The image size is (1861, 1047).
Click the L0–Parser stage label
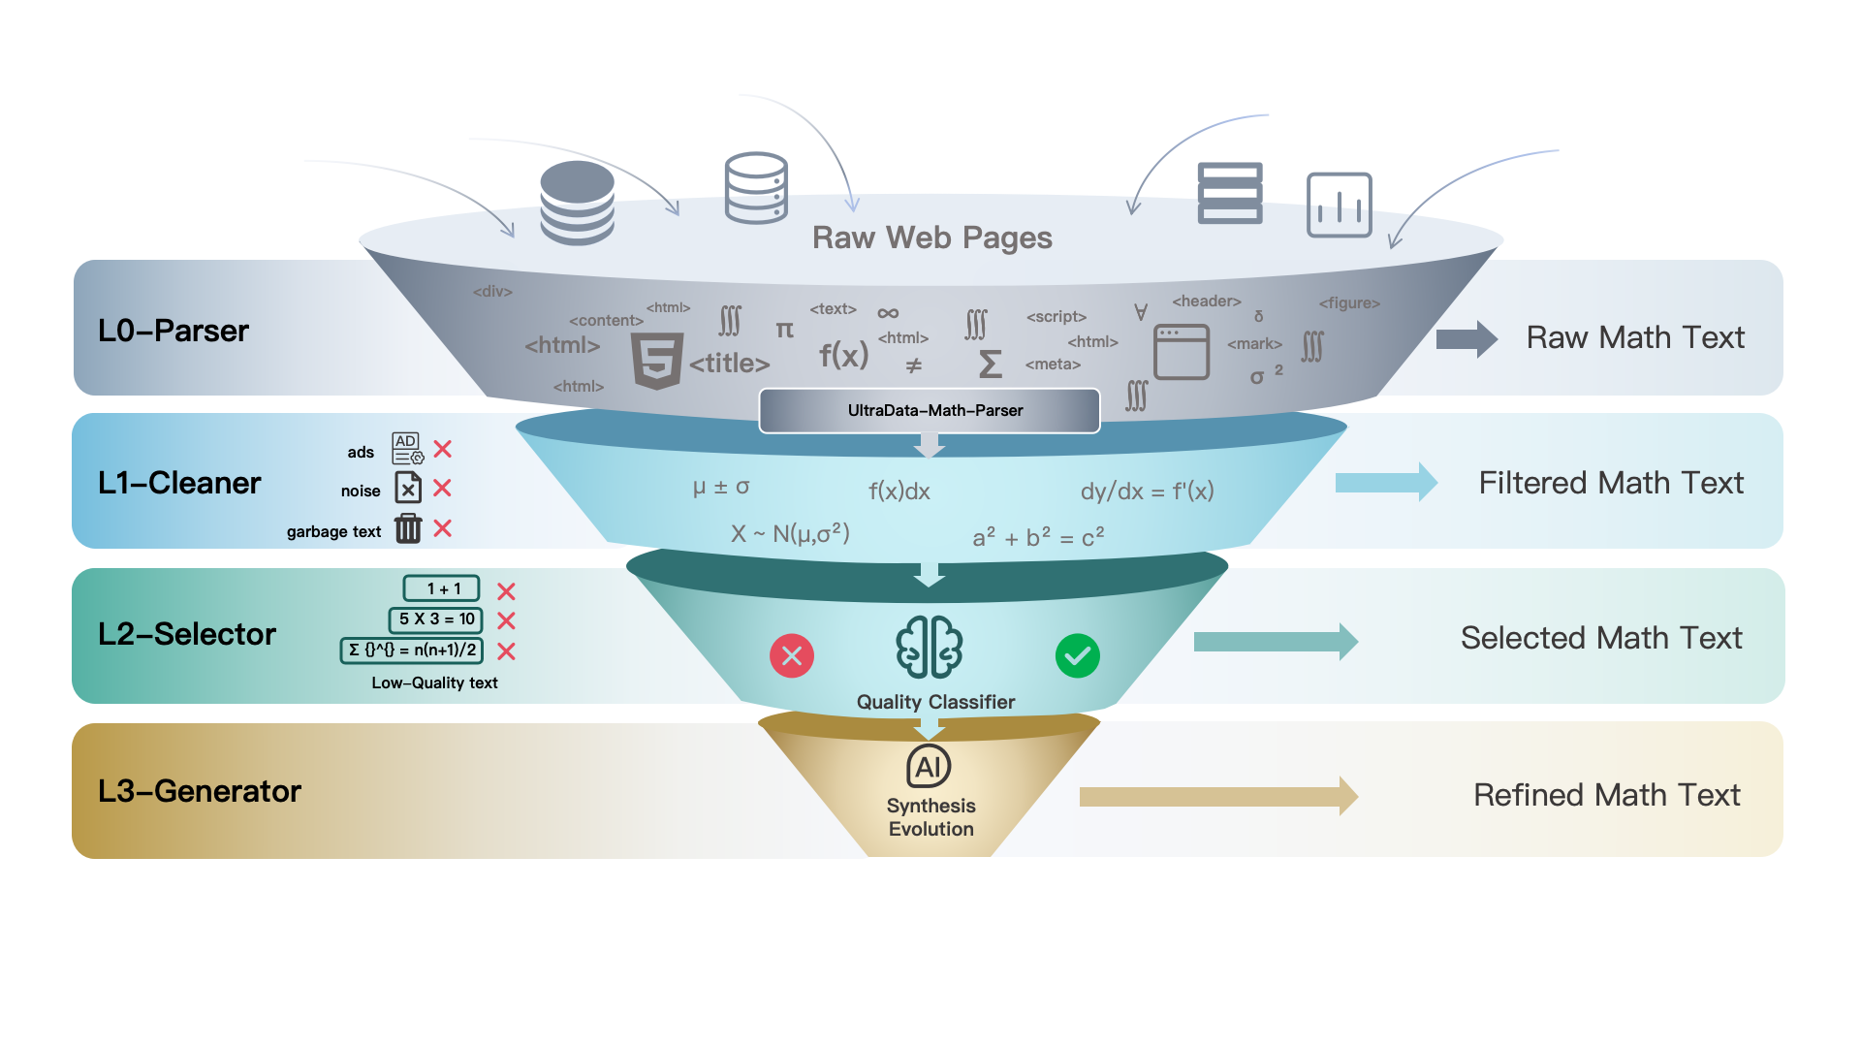pos(173,331)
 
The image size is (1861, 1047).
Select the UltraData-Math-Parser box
pos(930,411)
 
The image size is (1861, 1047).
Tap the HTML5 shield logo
pos(657,360)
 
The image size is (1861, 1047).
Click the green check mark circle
pos(1077,656)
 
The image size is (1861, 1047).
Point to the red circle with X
pos(792,656)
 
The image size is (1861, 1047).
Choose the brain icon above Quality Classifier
pos(929,647)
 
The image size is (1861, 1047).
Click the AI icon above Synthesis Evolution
pos(929,767)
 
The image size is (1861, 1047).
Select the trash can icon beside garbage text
pos(408,528)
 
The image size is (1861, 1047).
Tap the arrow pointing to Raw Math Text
pos(1466,338)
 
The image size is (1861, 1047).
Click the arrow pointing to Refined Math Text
pos(1217,796)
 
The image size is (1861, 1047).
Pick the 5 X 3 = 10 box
pos(436,619)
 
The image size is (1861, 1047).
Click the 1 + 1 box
pos(442,588)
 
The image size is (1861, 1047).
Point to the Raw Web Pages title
pos(931,238)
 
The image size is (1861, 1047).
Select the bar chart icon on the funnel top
pos(1339,205)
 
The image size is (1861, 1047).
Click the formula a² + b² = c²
pos(1038,537)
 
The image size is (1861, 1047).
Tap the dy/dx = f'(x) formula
pos(1147,492)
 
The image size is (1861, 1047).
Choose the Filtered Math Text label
pos(1610,483)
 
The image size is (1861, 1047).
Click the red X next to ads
pos(443,449)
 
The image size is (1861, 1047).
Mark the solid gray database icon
pos(577,202)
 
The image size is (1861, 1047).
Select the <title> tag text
pos(729,364)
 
